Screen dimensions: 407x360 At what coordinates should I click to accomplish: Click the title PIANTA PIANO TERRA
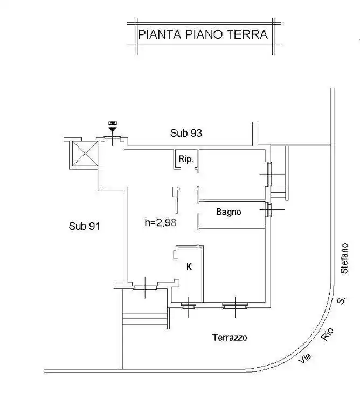pyautogui.click(x=203, y=35)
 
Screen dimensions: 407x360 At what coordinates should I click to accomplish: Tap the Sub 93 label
pyautogui.click(x=186, y=133)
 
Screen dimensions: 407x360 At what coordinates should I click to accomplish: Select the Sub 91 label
pyautogui.click(x=85, y=226)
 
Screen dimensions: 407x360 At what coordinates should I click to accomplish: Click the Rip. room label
pyautogui.click(x=186, y=160)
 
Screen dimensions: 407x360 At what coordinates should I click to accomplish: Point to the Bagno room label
pyautogui.click(x=229, y=212)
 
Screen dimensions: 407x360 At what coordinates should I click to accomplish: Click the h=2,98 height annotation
pyautogui.click(x=161, y=221)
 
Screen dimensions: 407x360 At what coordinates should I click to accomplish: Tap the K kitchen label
pyautogui.click(x=189, y=266)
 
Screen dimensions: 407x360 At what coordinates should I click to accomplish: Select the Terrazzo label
pyautogui.click(x=230, y=338)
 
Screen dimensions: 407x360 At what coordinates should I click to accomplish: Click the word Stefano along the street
pyautogui.click(x=344, y=258)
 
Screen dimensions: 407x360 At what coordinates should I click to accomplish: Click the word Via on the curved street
pyautogui.click(x=306, y=359)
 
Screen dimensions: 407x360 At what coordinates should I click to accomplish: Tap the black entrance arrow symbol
pyautogui.click(x=112, y=127)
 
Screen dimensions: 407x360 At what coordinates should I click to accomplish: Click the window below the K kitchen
pyautogui.click(x=189, y=305)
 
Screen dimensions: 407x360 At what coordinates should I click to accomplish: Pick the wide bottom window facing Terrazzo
pyautogui.click(x=235, y=305)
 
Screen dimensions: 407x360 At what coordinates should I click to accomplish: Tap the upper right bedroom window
pyautogui.click(x=268, y=174)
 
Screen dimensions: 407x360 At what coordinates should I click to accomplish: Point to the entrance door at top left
pyautogui.click(x=112, y=142)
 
